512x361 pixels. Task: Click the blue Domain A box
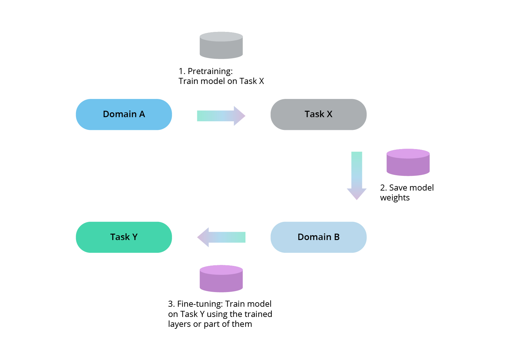(124, 114)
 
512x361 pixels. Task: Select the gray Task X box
(318, 114)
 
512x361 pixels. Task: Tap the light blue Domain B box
(318, 237)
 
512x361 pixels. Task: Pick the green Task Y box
(124, 237)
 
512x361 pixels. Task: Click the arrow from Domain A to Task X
(221, 116)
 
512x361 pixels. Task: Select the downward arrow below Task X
(357, 176)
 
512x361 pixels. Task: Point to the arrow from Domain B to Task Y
(221, 237)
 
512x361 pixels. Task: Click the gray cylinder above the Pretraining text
(221, 45)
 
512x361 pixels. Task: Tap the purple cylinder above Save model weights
(408, 162)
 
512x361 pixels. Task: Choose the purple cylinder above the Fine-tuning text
(221, 279)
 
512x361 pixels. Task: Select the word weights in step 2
(395, 198)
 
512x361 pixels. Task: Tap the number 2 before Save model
(382, 188)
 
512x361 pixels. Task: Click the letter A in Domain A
(142, 114)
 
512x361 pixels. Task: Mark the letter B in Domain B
(337, 237)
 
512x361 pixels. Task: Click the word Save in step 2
(399, 188)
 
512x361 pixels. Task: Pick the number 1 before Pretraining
(181, 71)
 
